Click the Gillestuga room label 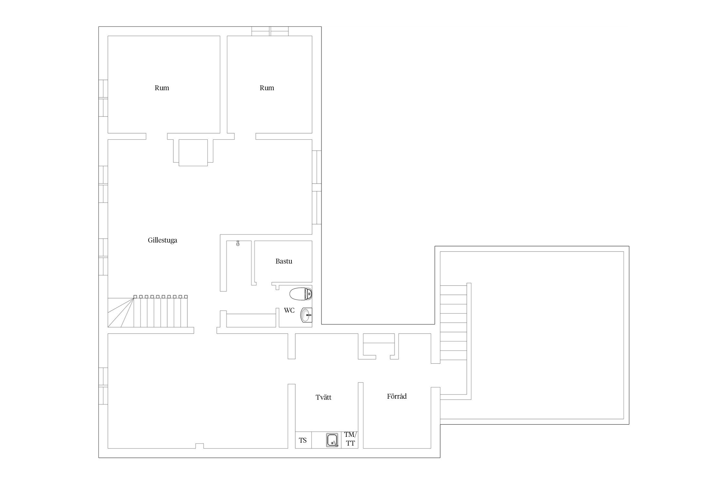click(x=163, y=240)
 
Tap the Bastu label click(x=284, y=261)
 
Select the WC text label click(x=289, y=310)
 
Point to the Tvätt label click(x=323, y=397)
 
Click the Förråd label click(x=397, y=396)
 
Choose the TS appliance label click(x=303, y=440)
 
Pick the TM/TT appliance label click(x=350, y=439)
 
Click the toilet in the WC click(x=301, y=294)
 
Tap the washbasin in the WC click(x=306, y=315)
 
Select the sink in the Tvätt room click(x=332, y=440)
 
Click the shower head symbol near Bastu click(x=238, y=243)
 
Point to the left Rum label click(x=162, y=88)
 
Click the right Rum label click(x=267, y=88)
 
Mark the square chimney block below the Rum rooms click(x=193, y=153)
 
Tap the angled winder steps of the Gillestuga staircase click(x=121, y=312)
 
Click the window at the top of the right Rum click(x=270, y=31)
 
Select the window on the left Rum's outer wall click(x=103, y=98)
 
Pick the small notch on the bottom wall click(x=200, y=446)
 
